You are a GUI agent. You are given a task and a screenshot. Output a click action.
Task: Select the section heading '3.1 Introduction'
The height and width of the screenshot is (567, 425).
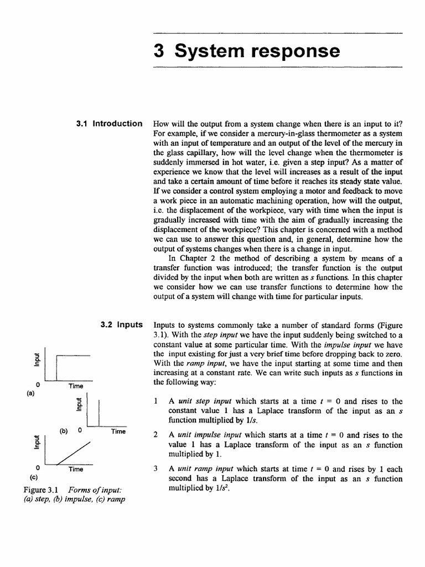click(x=109, y=123)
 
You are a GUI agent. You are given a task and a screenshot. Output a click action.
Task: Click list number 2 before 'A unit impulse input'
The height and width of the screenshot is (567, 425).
click(x=157, y=435)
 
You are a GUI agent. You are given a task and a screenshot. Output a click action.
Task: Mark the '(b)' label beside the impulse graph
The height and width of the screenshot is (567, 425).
click(x=64, y=430)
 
